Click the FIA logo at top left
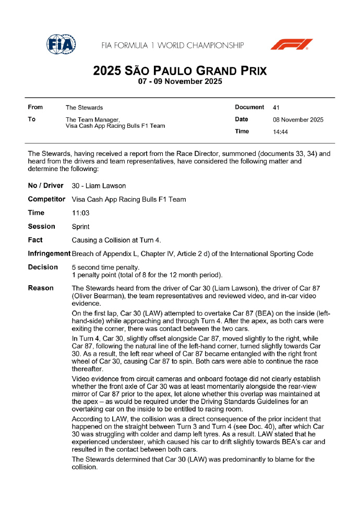click(61, 44)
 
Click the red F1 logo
click(292, 44)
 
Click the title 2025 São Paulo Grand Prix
click(179, 70)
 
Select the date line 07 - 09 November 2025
click(179, 82)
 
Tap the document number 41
click(277, 107)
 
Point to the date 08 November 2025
click(298, 120)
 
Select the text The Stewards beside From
click(84, 107)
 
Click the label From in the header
click(35, 107)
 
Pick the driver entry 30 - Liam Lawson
click(99, 186)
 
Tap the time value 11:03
click(80, 213)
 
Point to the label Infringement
click(49, 253)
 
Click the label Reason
click(41, 288)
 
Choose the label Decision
click(43, 268)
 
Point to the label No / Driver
click(45, 186)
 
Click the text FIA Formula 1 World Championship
click(172, 45)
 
